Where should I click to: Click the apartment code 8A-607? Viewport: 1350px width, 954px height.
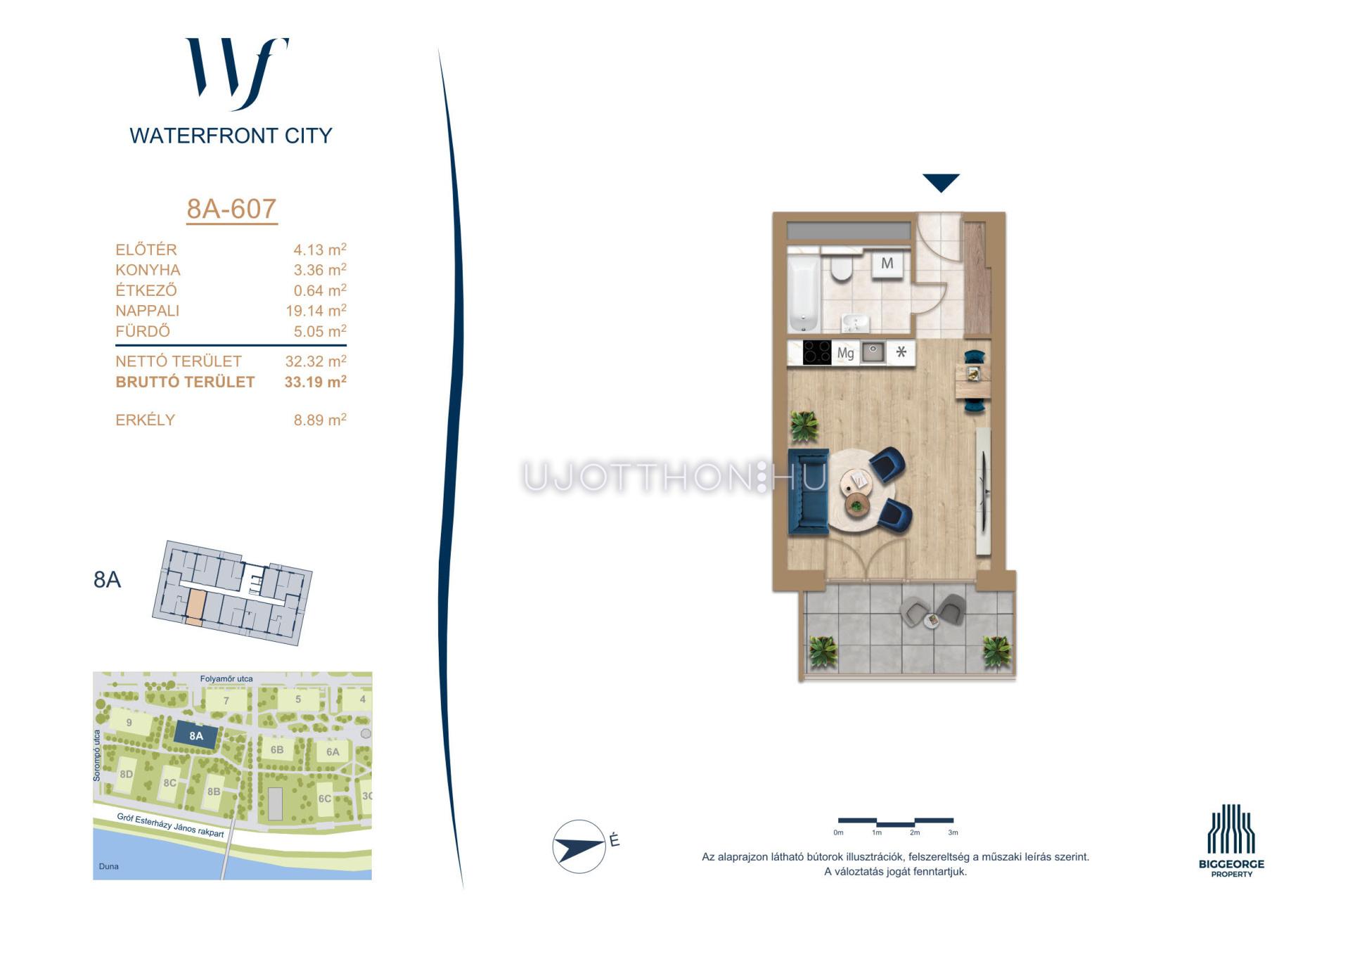coord(231,209)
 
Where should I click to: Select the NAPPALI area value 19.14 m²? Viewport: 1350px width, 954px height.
coord(316,310)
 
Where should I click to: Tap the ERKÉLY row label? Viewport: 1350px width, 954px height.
coord(145,420)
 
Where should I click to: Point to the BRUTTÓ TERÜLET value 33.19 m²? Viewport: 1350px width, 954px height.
coord(315,382)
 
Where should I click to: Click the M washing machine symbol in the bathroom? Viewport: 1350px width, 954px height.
coord(887,264)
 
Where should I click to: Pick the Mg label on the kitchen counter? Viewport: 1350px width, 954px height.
coord(845,353)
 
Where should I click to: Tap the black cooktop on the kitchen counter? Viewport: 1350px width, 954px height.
coord(817,352)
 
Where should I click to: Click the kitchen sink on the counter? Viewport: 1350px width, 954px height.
coord(873,352)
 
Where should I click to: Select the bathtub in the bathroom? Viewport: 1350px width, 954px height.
coord(804,293)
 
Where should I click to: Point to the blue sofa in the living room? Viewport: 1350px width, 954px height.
coord(809,491)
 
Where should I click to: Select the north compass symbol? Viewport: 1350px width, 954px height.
coord(580,846)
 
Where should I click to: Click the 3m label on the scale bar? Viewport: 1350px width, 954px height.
coord(953,832)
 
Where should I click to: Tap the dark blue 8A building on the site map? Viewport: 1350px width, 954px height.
coord(196,736)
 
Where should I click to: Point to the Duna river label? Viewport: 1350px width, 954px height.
coord(109,866)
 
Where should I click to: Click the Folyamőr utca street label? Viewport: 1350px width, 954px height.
coord(226,678)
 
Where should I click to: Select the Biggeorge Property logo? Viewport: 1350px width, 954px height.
coord(1231,841)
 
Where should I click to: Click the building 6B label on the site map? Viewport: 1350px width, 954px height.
coord(277,749)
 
